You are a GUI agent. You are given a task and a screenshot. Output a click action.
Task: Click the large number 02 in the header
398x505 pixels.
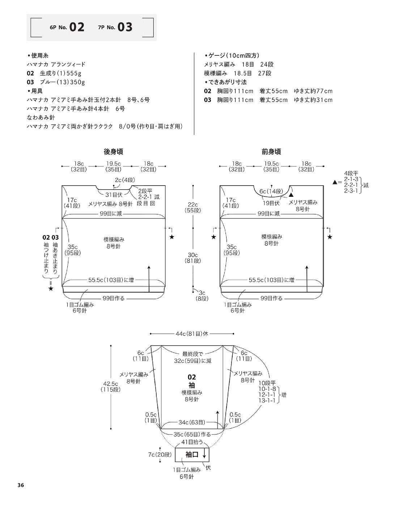[77, 27]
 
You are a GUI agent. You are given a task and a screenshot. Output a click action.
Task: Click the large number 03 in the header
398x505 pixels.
[125, 27]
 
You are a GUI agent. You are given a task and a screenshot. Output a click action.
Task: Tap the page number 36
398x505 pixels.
[21, 485]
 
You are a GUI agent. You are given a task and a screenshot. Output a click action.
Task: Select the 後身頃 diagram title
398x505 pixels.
[113, 152]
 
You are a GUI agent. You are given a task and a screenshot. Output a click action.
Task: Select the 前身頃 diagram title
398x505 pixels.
[271, 152]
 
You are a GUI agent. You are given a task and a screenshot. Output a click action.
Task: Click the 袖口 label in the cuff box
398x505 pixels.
[192, 455]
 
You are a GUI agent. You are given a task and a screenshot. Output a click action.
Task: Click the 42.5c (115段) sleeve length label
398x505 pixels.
[111, 387]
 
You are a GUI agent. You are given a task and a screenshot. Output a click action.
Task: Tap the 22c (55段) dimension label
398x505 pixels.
[192, 207]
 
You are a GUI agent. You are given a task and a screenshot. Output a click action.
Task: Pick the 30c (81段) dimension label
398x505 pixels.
[192, 258]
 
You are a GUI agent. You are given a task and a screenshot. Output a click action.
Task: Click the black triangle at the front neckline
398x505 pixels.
[291, 195]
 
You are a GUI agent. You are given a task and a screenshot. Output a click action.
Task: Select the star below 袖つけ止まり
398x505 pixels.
[51, 288]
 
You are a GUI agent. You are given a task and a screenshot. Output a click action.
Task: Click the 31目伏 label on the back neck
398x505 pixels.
[114, 195]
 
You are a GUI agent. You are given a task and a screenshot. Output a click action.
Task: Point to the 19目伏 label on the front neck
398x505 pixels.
[271, 203]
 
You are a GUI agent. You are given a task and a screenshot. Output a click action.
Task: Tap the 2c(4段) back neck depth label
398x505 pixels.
[125, 180]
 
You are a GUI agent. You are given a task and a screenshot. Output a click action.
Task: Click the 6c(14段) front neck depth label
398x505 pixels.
[271, 191]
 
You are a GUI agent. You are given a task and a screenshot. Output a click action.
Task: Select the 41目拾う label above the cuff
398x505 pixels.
[192, 442]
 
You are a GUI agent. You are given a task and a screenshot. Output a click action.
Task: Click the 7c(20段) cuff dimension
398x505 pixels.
[160, 455]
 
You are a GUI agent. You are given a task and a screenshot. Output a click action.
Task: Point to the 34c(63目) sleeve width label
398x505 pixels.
[192, 422]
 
